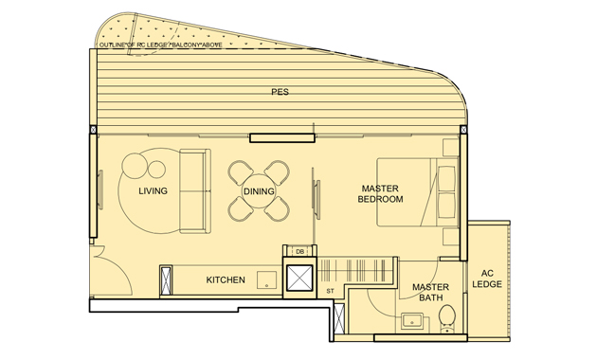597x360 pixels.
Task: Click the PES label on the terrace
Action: (279, 93)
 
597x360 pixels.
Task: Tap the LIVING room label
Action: (153, 191)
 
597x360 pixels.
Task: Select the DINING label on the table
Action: (259, 192)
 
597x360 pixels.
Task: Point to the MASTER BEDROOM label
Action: (380, 193)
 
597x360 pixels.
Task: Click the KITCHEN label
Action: (226, 280)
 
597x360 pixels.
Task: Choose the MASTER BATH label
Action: (430, 293)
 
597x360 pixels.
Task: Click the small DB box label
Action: (299, 251)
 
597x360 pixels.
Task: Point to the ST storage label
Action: (330, 290)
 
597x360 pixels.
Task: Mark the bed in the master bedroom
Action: (417, 191)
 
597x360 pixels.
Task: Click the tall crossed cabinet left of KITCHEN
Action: (167, 280)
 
